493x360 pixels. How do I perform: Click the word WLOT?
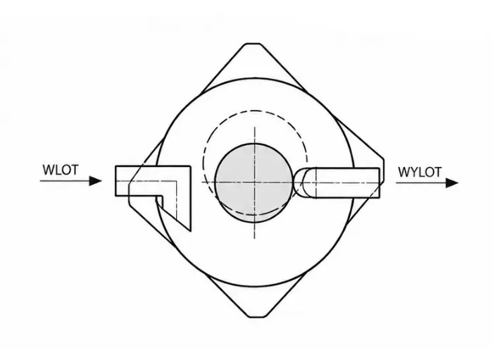tap(61, 170)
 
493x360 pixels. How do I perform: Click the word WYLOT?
tap(420, 172)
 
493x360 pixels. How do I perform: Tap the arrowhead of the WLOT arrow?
tap(96, 181)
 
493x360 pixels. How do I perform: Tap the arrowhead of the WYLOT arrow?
tap(452, 182)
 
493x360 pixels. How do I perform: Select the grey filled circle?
tap(254, 182)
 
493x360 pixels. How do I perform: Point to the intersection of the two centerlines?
tap(254, 182)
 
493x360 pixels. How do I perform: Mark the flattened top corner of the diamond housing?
tap(253, 44)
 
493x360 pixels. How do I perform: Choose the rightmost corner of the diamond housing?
tap(383, 170)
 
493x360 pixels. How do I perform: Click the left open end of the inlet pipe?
tap(116, 181)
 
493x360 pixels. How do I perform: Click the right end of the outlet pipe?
tap(379, 183)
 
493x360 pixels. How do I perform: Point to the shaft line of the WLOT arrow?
tap(65, 181)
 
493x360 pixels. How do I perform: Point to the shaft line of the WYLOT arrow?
tap(421, 182)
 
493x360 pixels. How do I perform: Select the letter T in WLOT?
tap(74, 170)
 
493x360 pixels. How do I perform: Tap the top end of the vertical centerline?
tap(255, 128)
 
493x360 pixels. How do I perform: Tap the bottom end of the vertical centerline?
tap(254, 238)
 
